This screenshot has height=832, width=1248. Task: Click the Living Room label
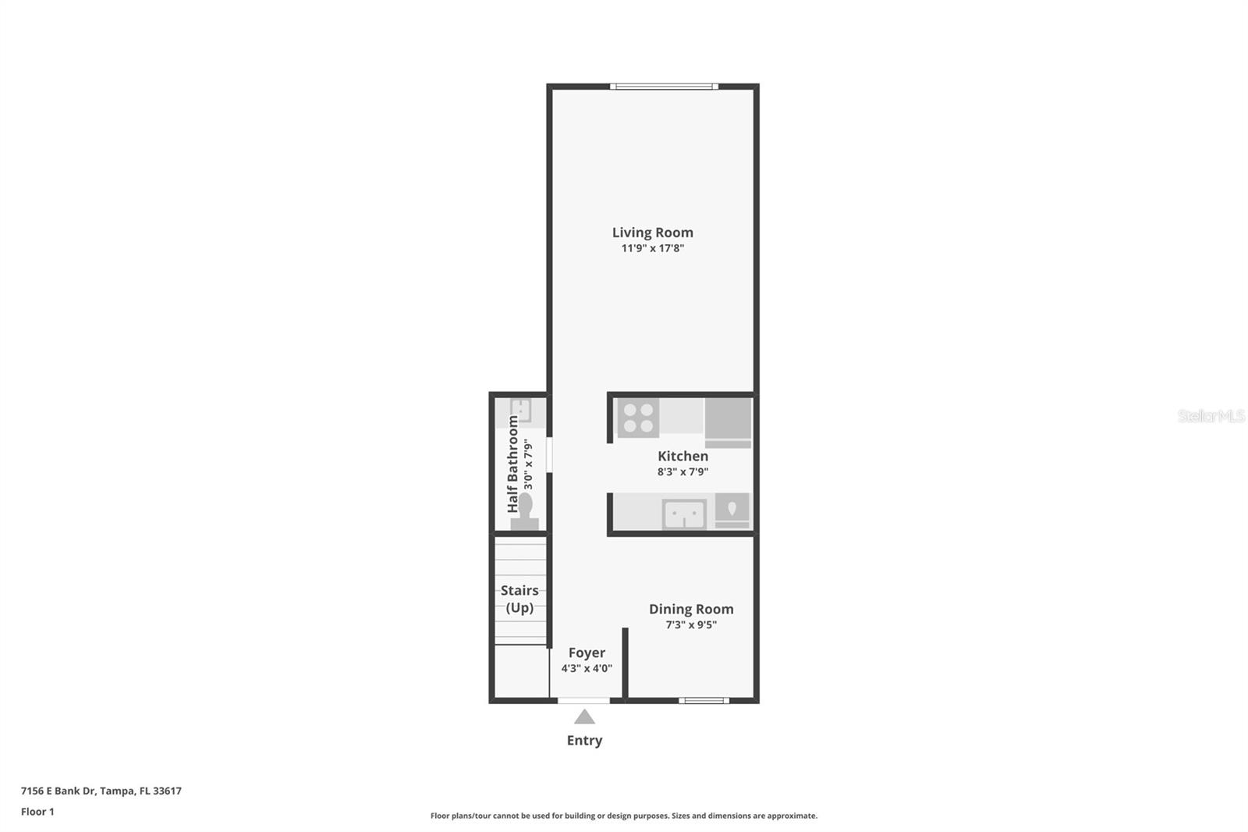(652, 233)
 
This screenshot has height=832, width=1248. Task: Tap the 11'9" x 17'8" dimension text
(652, 248)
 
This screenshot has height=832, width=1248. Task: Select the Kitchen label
(682, 456)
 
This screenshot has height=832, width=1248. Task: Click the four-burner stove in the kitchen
(638, 418)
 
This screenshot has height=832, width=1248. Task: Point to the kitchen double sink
(684, 514)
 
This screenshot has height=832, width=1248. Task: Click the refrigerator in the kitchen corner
(728, 421)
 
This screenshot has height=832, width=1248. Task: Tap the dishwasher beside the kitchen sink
(732, 510)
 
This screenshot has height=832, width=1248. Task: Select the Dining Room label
(691, 609)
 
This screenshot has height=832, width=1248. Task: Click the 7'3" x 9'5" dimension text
(691, 624)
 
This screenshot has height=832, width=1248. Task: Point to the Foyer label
(587, 652)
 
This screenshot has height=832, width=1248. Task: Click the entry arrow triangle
(584, 717)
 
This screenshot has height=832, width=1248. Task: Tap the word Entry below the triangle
(584, 740)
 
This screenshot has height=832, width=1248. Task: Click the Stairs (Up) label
(519, 599)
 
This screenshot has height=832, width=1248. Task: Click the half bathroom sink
(520, 410)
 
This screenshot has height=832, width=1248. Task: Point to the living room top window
(664, 87)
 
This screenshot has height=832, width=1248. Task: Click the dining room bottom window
(704, 700)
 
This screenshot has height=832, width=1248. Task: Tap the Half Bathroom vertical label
(513, 464)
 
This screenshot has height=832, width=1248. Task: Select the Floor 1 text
(37, 812)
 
